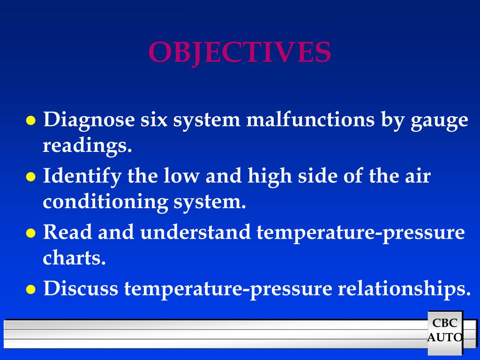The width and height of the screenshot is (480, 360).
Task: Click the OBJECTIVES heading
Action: (x=240, y=52)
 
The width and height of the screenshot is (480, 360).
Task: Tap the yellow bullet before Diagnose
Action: (x=31, y=121)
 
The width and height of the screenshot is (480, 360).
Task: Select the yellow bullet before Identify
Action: (x=31, y=177)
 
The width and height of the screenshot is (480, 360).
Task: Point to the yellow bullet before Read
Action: (x=31, y=233)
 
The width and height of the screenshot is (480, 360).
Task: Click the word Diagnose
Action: (x=89, y=120)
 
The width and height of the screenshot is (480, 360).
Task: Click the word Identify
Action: (x=82, y=177)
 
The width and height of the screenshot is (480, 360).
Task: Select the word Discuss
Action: (x=81, y=289)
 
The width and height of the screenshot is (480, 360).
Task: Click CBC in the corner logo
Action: (x=444, y=323)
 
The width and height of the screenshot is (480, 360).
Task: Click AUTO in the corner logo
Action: (x=445, y=337)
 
